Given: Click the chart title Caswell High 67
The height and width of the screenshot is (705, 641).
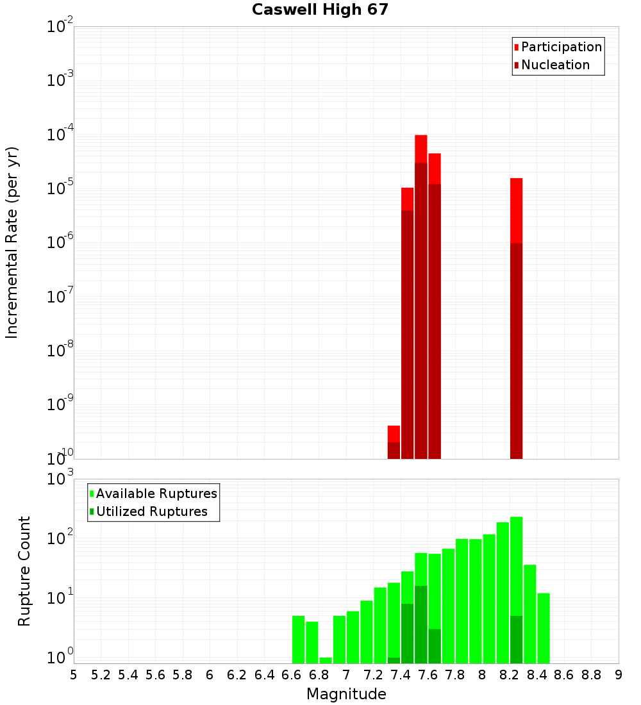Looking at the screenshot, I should pyautogui.click(x=320, y=10).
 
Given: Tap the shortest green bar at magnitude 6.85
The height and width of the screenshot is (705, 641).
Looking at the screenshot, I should pyautogui.click(x=326, y=660).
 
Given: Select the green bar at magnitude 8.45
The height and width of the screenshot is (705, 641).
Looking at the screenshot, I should pyautogui.click(x=544, y=628).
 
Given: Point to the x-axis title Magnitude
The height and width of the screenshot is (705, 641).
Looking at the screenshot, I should pyautogui.click(x=346, y=694).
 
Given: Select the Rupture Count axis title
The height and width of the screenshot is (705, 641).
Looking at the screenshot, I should pyautogui.click(x=24, y=570).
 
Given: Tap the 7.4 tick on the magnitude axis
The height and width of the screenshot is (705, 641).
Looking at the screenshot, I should pyautogui.click(x=401, y=675).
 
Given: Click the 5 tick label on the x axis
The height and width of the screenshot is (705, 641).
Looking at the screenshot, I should pyautogui.click(x=74, y=675).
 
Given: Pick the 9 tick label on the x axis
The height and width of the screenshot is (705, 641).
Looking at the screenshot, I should pyautogui.click(x=619, y=675).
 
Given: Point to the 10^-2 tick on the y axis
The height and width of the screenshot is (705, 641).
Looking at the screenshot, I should pyautogui.click(x=60, y=27).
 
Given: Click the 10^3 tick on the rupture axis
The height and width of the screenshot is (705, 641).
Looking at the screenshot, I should pyautogui.click(x=60, y=479).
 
